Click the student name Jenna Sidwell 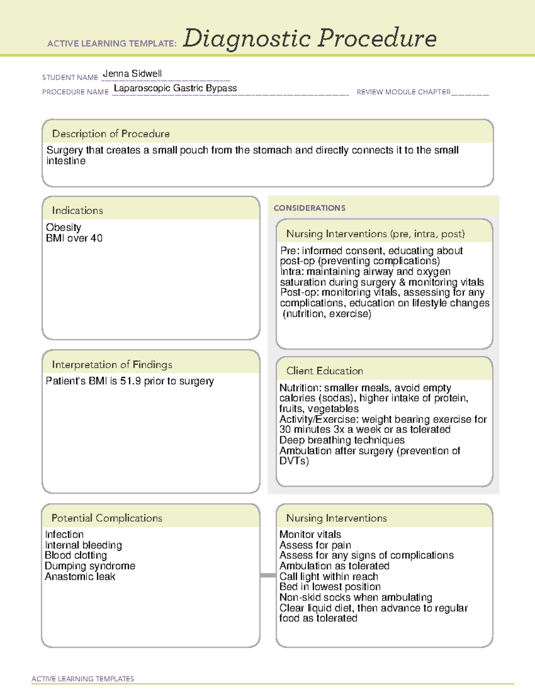coord(132,74)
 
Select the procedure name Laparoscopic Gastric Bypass coord(175,88)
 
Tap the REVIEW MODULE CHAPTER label coord(403,92)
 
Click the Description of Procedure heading coord(111,134)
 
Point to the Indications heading coord(77,210)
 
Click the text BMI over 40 coord(74,238)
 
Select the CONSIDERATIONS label coord(309,208)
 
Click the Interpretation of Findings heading coord(112,364)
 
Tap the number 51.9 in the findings coord(131,381)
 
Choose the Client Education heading coord(325,371)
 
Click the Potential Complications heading coord(107,518)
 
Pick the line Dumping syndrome coord(90,566)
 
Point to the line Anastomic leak coord(80,577)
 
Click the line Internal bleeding coord(83,545)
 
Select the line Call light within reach coord(329,577)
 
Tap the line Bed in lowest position coord(330,587)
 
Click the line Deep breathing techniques coord(342,440)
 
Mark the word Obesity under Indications coord(63,227)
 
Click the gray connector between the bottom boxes coord(268,576)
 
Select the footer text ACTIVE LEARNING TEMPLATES coord(83,679)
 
